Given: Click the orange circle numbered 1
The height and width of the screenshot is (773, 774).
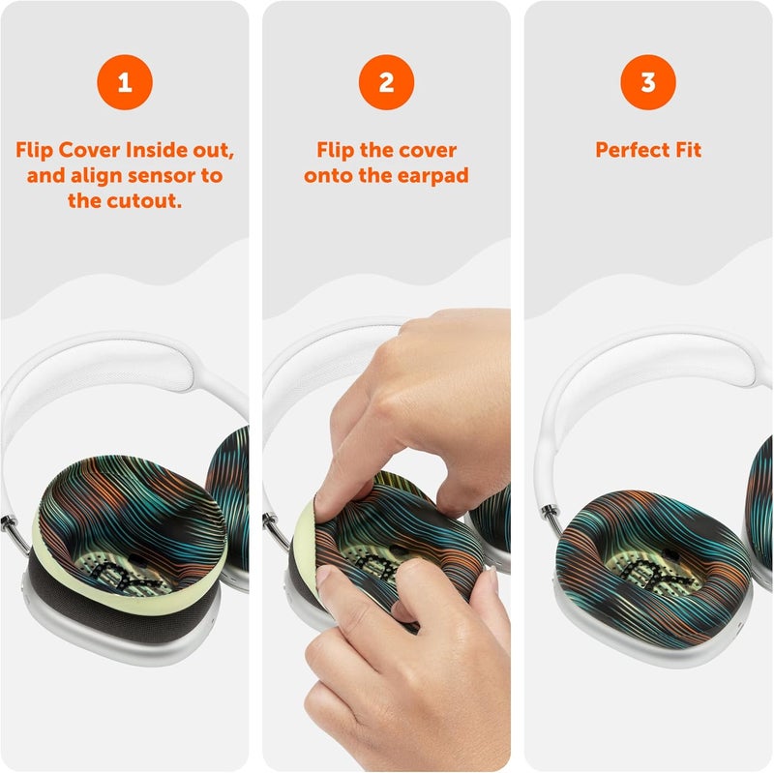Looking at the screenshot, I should (x=124, y=82).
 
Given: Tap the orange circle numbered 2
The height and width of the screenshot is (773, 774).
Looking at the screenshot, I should (x=386, y=82).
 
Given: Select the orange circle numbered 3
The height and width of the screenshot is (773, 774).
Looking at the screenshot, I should (x=647, y=82).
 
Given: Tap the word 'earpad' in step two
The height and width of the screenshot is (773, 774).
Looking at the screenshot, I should (x=433, y=176).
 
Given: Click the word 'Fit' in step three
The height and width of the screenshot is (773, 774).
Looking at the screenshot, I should (x=686, y=151).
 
